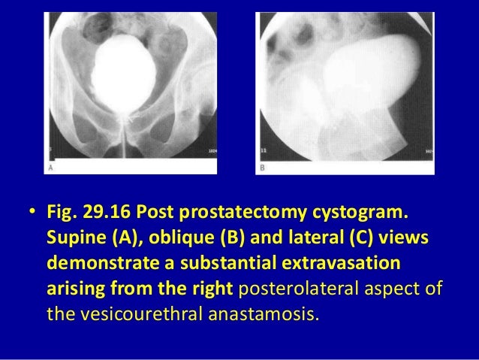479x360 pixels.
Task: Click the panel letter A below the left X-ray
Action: tap(51, 168)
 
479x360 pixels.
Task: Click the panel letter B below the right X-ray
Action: tap(262, 168)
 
